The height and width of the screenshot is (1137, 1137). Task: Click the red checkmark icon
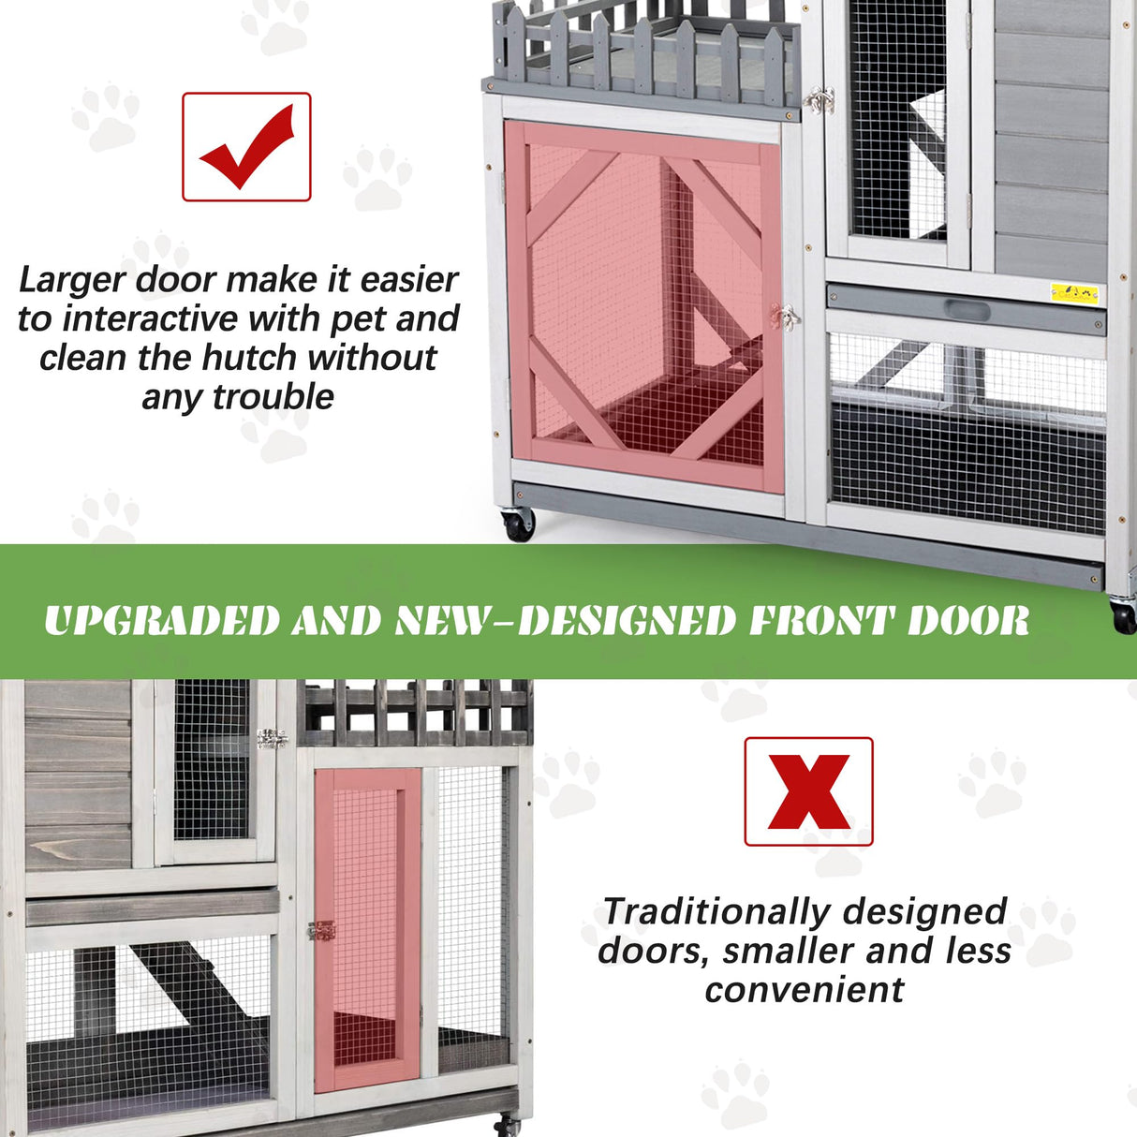click(246, 146)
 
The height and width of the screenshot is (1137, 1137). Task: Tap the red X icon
click(808, 792)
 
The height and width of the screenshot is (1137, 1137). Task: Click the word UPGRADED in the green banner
click(161, 621)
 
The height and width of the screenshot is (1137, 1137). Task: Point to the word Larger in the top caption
click(72, 280)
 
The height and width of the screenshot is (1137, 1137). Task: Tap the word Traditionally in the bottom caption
click(716, 911)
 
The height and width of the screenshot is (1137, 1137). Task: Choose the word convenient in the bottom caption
click(805, 990)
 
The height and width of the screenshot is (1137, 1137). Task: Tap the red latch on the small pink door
click(320, 931)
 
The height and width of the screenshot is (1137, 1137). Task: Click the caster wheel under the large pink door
click(518, 524)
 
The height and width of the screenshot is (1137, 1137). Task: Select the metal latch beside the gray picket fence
click(820, 100)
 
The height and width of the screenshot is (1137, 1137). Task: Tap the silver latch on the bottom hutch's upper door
click(272, 739)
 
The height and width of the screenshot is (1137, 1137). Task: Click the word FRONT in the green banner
click(820, 621)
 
